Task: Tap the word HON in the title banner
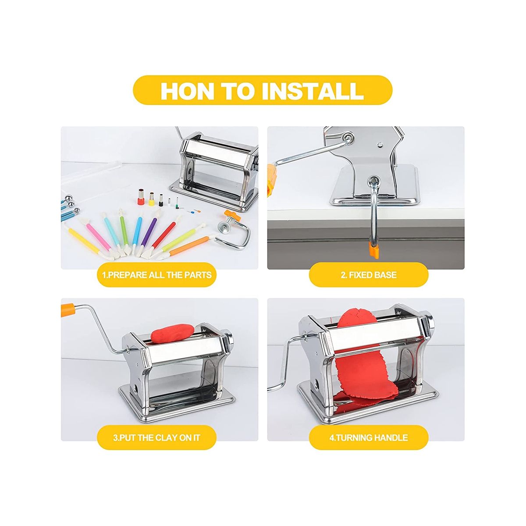coord(187,90)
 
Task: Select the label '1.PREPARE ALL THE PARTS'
coord(157,274)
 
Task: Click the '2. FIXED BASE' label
coord(369,274)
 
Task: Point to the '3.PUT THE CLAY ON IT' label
coord(156,438)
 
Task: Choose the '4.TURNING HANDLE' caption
coord(369,438)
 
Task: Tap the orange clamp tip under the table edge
coord(373,249)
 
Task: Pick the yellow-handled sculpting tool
coord(85,238)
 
